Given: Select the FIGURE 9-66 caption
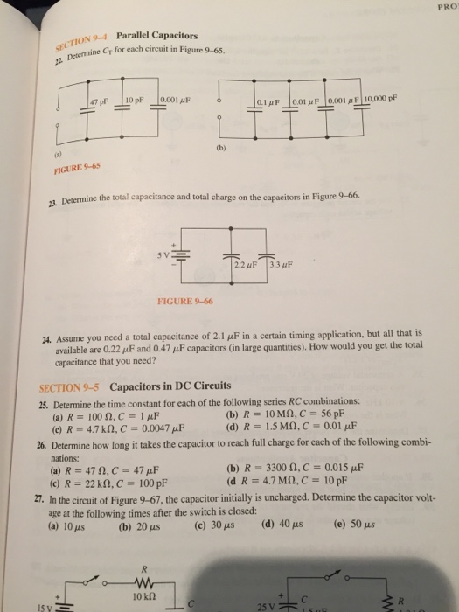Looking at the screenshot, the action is pos(185,301).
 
